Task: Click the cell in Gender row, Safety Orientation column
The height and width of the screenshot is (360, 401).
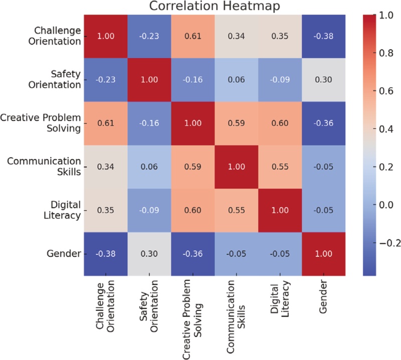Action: [149, 253]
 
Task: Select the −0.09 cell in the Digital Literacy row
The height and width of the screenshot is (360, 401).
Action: [149, 210]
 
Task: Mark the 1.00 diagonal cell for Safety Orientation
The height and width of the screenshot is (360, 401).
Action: [149, 79]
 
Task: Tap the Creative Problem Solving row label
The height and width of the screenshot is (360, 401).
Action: [41, 122]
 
